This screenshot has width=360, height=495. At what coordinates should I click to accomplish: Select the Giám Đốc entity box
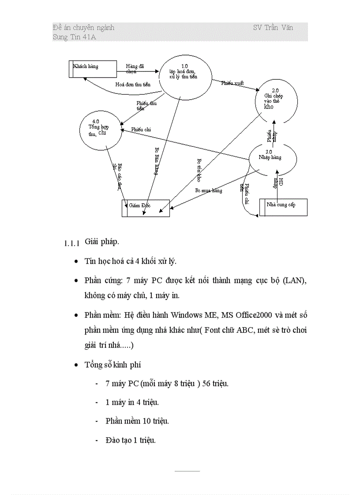(x=146, y=208)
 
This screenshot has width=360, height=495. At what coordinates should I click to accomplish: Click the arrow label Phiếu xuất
(x=232, y=83)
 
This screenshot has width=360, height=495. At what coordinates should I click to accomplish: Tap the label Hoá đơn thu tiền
(x=133, y=84)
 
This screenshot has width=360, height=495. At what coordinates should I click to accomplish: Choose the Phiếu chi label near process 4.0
(x=141, y=130)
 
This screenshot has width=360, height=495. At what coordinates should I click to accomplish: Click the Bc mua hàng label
(x=209, y=190)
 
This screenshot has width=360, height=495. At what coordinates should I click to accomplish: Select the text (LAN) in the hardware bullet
(x=295, y=280)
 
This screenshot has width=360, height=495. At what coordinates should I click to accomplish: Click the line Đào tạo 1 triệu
(x=131, y=440)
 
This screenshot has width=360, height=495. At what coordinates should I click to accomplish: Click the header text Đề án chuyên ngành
(x=83, y=27)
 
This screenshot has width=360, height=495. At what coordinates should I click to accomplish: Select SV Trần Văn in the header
(x=273, y=27)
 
